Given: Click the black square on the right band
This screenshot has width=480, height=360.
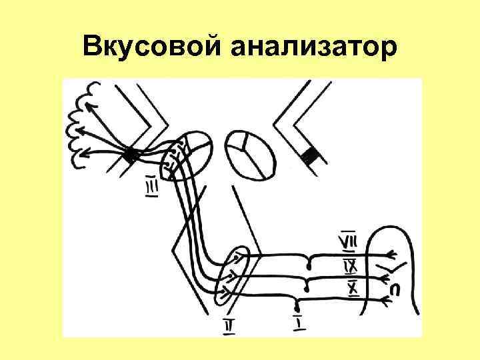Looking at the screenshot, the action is [309, 156].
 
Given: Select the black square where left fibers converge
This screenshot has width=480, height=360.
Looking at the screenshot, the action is [131, 155].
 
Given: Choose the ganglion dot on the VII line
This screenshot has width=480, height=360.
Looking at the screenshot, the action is [307, 261].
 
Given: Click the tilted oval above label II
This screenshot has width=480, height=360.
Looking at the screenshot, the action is [233, 275].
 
